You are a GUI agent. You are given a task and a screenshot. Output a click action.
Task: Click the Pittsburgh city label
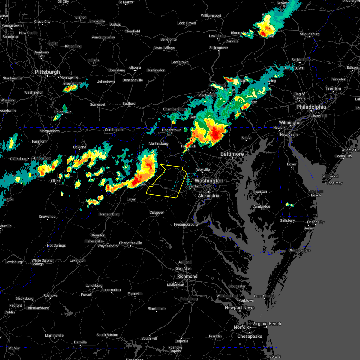pyautogui.click(x=47, y=72)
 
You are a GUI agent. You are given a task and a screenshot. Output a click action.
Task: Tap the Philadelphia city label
pyautogui.click(x=311, y=107)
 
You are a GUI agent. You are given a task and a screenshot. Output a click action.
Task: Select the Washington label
pyautogui.click(x=209, y=181)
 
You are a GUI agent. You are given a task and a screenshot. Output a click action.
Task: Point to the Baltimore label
pyautogui.click(x=232, y=154)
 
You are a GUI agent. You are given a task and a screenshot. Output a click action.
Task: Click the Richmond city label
pyautogui.click(x=187, y=276)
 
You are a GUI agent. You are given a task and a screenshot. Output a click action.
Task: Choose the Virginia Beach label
pyautogui.click(x=266, y=324)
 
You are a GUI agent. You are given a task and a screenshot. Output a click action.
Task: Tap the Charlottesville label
pyautogui.click(x=130, y=243)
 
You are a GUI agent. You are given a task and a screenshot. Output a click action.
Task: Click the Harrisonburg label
pyautogui.click(x=109, y=214)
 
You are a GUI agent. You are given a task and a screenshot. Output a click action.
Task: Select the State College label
pyautogui.click(x=164, y=48)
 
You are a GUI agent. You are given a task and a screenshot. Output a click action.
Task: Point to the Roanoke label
pyautogui.click(x=50, y=295)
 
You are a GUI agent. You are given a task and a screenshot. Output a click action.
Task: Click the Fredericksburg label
pyautogui.click(x=186, y=224)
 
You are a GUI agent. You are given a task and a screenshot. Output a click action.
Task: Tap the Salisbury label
pyautogui.click(x=287, y=220)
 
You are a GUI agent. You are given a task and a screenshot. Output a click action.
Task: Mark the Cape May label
pyautogui.click(x=334, y=183)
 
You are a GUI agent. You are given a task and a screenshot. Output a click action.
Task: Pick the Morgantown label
pyautogui.click(x=50, y=131)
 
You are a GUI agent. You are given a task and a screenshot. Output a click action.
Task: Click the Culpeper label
pyautogui.click(x=157, y=212)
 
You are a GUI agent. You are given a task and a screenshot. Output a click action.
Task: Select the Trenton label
pyautogui.click(x=333, y=88)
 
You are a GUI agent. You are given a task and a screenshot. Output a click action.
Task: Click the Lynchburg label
pyautogui.click(x=94, y=286)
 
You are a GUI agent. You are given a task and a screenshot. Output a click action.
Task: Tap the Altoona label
pyautogui.click(x=135, y=67)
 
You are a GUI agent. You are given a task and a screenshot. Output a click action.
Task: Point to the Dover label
pyautogui.click(x=292, y=164)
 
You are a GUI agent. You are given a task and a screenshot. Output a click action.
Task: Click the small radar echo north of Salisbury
pyautogui.click(x=289, y=205)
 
